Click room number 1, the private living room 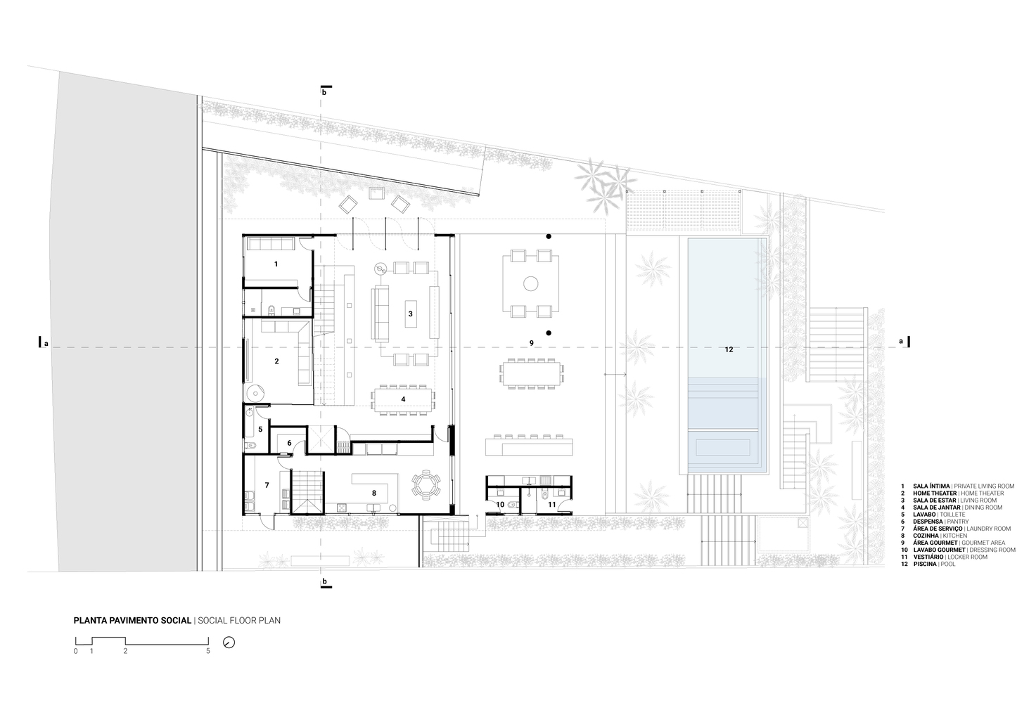[276, 264]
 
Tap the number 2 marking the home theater [277, 361]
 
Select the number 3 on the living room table [410, 314]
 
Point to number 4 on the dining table [403, 399]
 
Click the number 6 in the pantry [289, 443]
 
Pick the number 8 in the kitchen [374, 494]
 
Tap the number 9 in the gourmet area [532, 343]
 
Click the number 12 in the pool [729, 349]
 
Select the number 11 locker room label [552, 505]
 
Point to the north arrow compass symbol [229, 643]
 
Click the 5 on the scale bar [208, 652]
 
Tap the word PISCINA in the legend [925, 565]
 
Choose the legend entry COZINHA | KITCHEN [942, 536]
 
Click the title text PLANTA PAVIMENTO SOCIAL [132, 621]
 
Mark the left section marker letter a [46, 344]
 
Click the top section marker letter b [324, 93]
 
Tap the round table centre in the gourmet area [531, 283]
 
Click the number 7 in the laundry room [267, 485]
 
